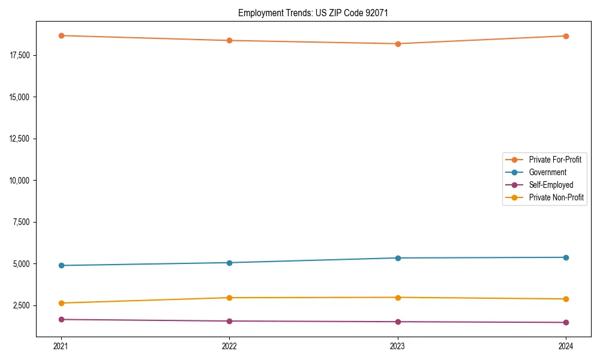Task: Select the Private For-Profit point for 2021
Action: pos(61,35)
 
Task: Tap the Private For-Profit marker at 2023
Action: pos(398,44)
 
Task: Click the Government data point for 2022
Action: pos(229,263)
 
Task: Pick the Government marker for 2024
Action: pos(566,257)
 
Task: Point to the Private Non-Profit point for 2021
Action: pos(61,303)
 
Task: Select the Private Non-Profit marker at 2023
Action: pos(398,298)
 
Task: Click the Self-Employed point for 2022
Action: pos(229,321)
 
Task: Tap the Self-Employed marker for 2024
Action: pos(566,322)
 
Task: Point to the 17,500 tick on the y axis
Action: pos(20,55)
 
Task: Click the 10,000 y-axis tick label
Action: pos(20,180)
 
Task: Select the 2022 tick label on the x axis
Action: pos(229,346)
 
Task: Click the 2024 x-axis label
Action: pos(566,346)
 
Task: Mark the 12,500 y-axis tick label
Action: pos(20,139)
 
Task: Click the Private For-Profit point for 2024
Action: pos(566,36)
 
